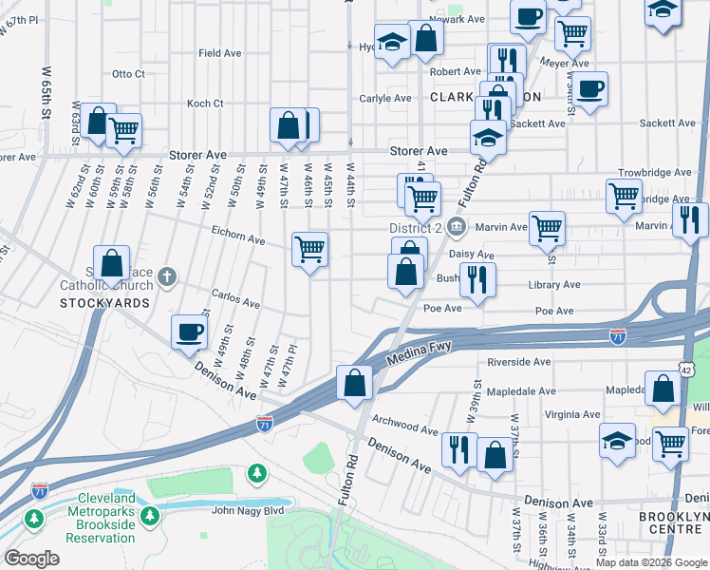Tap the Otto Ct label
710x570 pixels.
pyautogui.click(x=128, y=73)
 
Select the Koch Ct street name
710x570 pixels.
pyautogui.click(x=205, y=104)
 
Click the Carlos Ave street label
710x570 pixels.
pyautogui.click(x=235, y=299)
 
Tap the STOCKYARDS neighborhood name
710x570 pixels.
pyautogui.click(x=105, y=303)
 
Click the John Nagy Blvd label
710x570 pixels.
pyautogui.click(x=248, y=511)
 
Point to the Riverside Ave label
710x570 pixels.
pyautogui.click(x=519, y=362)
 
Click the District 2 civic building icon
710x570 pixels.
pyautogui.click(x=457, y=226)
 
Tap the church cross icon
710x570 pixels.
pyautogui.click(x=167, y=276)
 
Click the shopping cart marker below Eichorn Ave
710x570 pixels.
pyautogui.click(x=310, y=250)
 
